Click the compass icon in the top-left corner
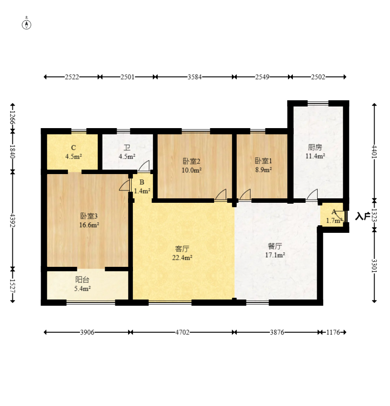(x=27, y=24)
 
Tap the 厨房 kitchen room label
(x=315, y=147)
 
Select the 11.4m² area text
(x=315, y=156)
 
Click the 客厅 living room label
(x=182, y=249)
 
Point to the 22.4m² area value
(x=182, y=258)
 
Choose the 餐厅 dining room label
(x=275, y=246)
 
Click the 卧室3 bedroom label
(x=89, y=216)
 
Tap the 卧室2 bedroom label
(x=192, y=161)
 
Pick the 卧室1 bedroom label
(x=263, y=161)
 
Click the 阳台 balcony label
(x=82, y=280)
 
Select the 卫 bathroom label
(x=127, y=148)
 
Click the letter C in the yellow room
(x=73, y=148)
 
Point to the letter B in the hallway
(x=142, y=182)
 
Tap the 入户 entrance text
(x=362, y=216)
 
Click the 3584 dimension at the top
(x=195, y=77)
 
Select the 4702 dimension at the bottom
(x=182, y=332)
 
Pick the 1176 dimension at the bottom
(x=333, y=332)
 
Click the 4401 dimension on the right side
(x=374, y=152)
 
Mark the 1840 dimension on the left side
(x=12, y=152)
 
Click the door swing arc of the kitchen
(x=312, y=194)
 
